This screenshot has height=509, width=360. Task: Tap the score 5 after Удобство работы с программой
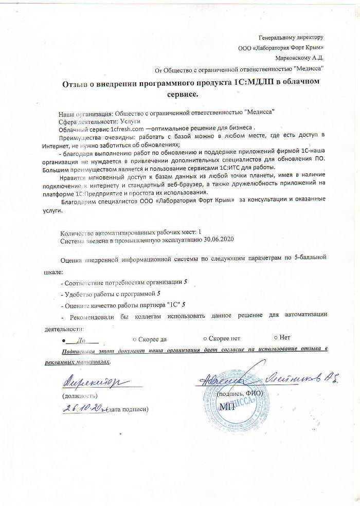pos(159,294)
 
